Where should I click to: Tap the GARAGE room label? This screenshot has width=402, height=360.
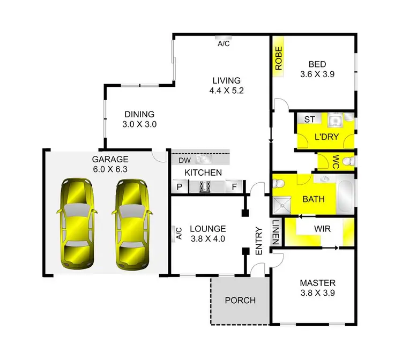pyautogui.click(x=110, y=159)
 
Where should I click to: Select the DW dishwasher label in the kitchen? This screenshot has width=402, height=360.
pyautogui.click(x=184, y=160)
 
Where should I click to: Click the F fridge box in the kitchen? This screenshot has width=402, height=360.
pyautogui.click(x=234, y=187)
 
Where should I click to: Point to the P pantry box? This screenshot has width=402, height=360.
pyautogui.click(x=180, y=187)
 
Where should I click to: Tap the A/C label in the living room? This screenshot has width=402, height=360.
pyautogui.click(x=224, y=44)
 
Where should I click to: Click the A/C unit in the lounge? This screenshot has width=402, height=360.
pyautogui.click(x=178, y=233)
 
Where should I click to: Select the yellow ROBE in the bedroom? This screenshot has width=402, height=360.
pyautogui.click(x=279, y=59)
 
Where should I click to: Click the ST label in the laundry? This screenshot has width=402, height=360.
pyautogui.click(x=309, y=119)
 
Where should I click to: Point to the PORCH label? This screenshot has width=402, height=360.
pyautogui.click(x=240, y=300)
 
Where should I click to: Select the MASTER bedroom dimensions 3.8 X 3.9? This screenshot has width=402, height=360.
pyautogui.click(x=318, y=294)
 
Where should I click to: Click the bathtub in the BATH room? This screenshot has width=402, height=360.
pyautogui.click(x=345, y=196)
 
